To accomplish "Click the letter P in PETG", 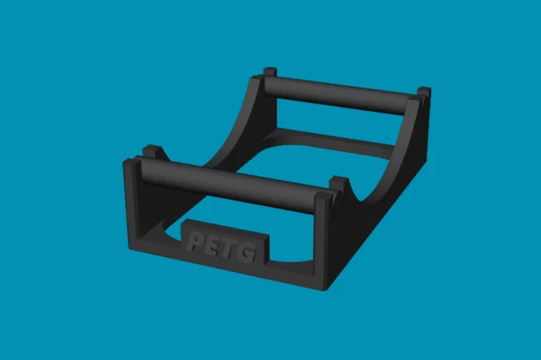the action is [195, 241].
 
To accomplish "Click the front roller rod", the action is [228, 184].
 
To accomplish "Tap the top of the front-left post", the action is [132, 162].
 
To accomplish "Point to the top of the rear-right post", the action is [413, 100].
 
